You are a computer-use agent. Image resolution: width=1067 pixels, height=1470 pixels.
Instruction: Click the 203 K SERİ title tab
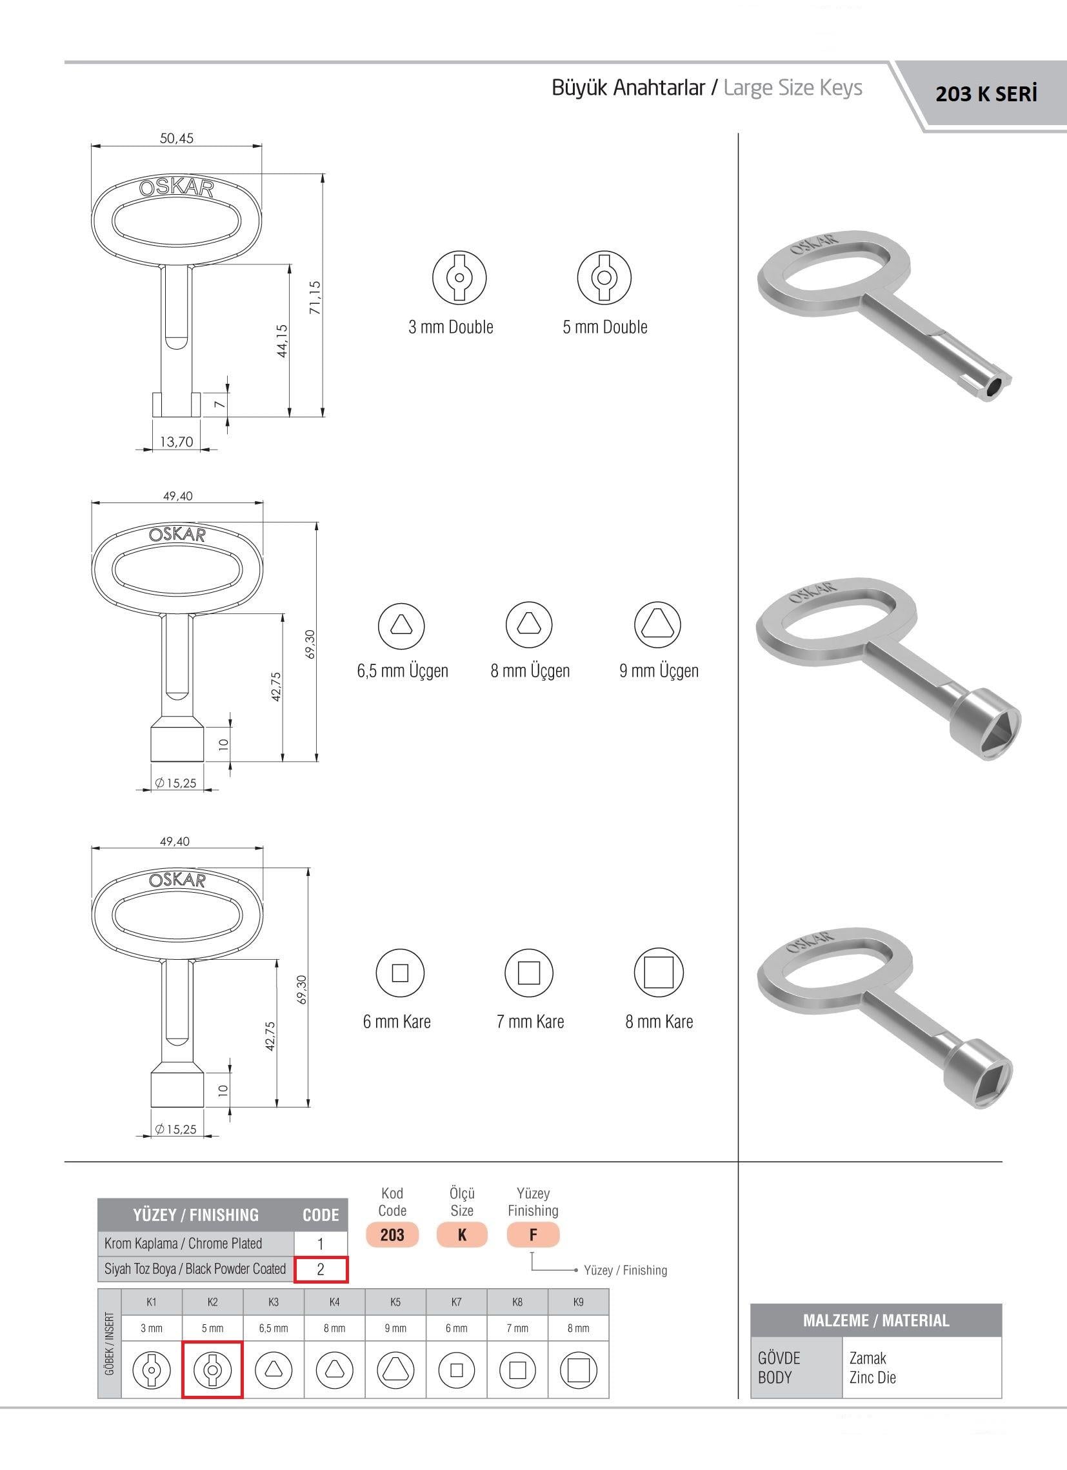986,95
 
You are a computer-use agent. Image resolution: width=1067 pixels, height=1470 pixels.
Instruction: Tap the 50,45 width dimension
176,138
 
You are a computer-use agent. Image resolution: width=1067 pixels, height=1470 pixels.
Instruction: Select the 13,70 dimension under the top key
176,441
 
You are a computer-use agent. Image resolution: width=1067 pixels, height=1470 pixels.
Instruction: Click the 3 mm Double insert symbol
459,277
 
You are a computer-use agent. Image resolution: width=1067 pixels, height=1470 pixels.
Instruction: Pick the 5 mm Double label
605,326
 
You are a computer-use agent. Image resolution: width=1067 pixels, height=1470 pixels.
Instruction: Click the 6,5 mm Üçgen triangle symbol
401,625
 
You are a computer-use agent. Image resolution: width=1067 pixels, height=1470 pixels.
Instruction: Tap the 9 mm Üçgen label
659,670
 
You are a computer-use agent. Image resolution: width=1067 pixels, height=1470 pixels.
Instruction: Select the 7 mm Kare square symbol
529,973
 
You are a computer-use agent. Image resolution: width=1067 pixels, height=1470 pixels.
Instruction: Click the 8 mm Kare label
659,1022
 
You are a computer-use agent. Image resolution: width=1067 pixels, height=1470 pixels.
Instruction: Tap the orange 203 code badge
392,1235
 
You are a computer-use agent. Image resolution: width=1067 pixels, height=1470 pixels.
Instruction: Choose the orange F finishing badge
533,1235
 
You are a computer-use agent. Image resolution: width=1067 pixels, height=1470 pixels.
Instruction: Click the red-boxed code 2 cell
321,1269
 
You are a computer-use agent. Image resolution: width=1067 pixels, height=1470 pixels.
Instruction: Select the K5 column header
395,1302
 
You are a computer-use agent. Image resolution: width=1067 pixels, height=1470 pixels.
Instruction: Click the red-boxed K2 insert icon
212,1369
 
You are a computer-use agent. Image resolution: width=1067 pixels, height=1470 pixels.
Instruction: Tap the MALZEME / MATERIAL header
876,1320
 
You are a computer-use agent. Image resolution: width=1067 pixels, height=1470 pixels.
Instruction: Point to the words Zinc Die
873,1377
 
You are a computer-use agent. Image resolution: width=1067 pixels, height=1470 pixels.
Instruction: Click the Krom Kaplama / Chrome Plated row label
183,1243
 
